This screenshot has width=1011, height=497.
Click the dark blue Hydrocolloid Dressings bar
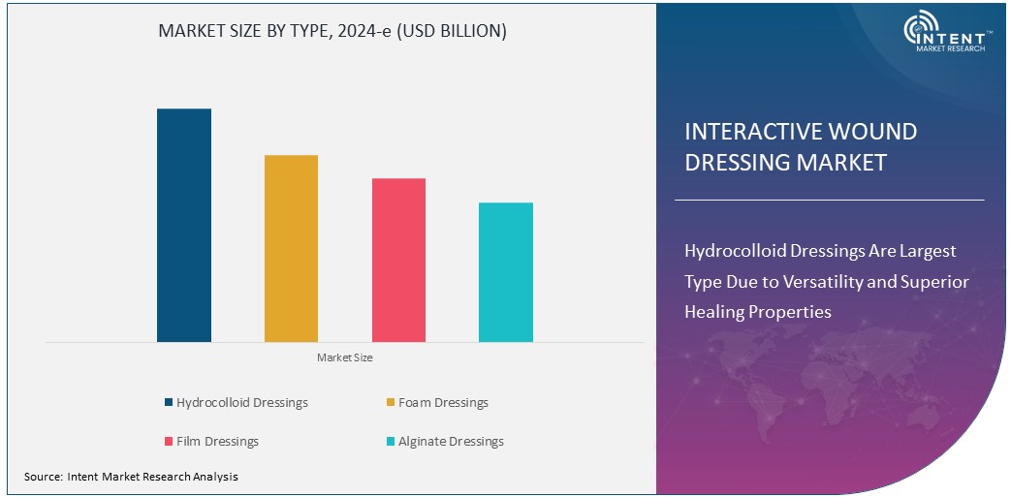point(184,225)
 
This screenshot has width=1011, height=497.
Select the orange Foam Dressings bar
point(291,248)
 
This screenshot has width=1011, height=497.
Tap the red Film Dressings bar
point(398,260)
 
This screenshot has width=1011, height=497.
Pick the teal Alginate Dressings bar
point(505,271)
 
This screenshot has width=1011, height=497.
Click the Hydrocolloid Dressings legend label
point(241,402)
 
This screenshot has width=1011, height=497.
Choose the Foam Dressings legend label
point(443,402)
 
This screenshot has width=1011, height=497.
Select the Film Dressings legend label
point(217,441)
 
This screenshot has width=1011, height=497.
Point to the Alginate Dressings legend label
point(451,441)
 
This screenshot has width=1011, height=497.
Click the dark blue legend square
point(169,403)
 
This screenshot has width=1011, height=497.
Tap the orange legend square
point(390,403)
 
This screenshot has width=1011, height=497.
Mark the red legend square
point(169,442)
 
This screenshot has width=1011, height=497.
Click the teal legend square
point(390,442)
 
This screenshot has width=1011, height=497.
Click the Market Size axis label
point(344,357)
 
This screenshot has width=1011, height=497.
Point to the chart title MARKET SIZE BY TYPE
point(332,31)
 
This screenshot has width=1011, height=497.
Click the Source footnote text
point(131,477)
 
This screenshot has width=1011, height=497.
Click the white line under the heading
point(829,200)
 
